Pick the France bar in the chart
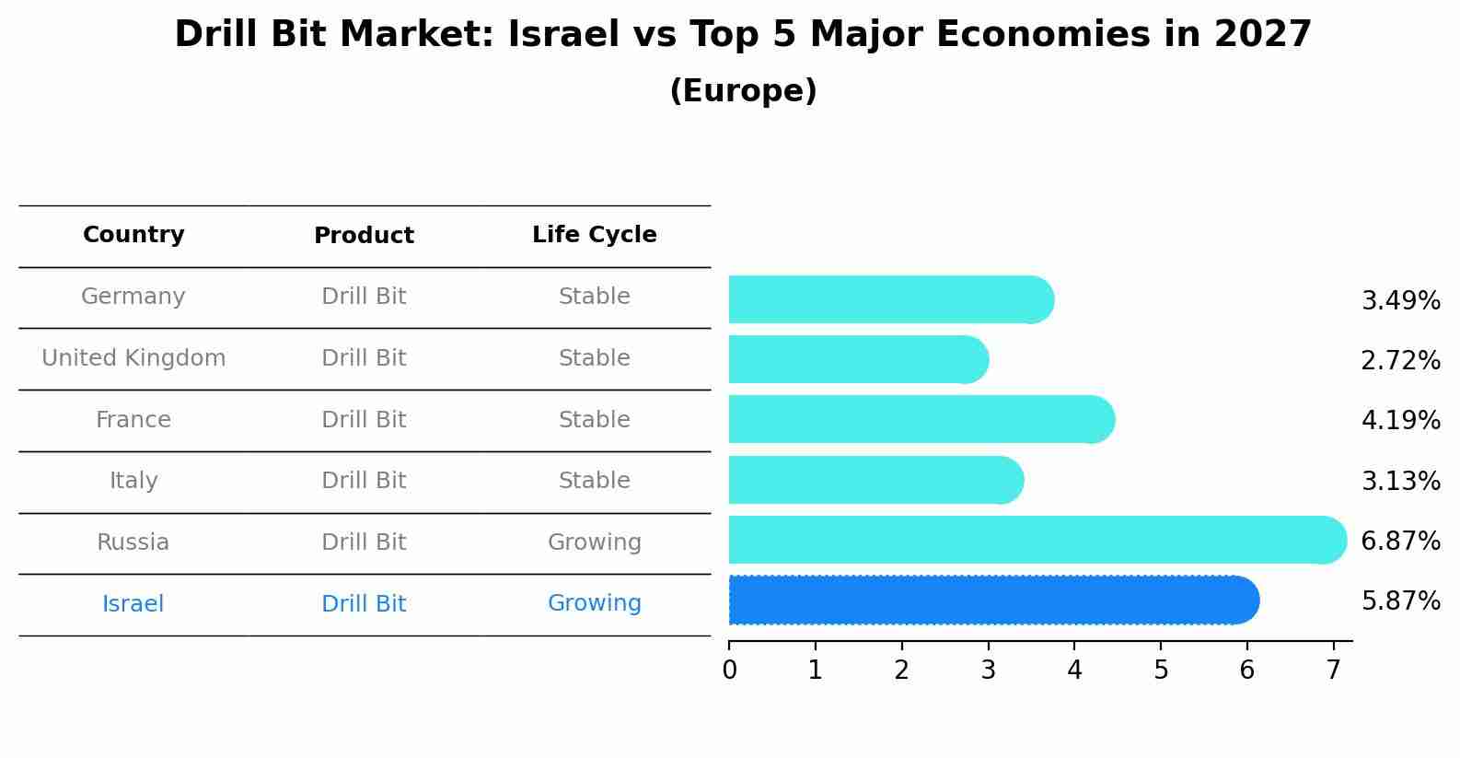pyautogui.click(x=921, y=420)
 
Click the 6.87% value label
pyautogui.click(x=1400, y=541)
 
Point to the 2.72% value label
pyautogui.click(x=1400, y=360)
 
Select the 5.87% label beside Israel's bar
pyautogui.click(x=1400, y=601)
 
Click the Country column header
pyautogui.click(x=133, y=235)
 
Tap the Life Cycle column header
pyautogui.click(x=594, y=235)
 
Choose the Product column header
pyautogui.click(x=364, y=236)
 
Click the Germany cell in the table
pyautogui.click(x=133, y=297)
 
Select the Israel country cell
pyautogui.click(x=133, y=604)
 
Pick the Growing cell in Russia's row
pyautogui.click(x=594, y=542)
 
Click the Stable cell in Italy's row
pyautogui.click(x=594, y=481)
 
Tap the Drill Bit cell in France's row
pyautogui.click(x=364, y=420)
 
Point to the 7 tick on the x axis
pyautogui.click(x=1333, y=671)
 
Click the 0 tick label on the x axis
pyautogui.click(x=729, y=671)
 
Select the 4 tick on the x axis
pyautogui.click(x=1074, y=671)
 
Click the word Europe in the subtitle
pyautogui.click(x=744, y=91)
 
